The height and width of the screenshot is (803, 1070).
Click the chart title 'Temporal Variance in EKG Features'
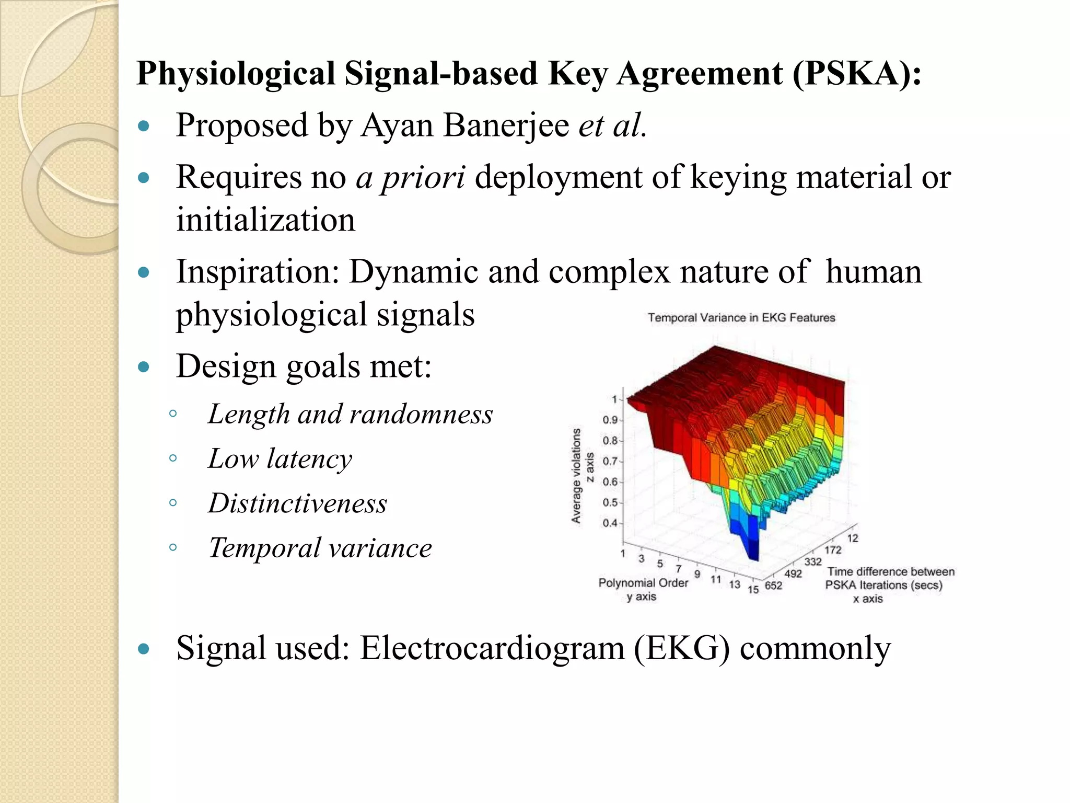tap(741, 317)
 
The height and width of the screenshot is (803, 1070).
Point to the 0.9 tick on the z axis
tap(610, 420)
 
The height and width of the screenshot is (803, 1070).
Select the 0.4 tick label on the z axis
tap(610, 523)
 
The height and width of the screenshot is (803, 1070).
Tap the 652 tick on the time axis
tap(773, 586)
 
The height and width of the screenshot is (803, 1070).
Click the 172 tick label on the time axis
tap(833, 550)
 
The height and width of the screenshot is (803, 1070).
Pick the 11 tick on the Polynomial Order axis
tap(716, 579)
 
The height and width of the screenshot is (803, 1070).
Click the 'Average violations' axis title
tap(576, 476)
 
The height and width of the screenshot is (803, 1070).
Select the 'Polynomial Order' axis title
tap(643, 582)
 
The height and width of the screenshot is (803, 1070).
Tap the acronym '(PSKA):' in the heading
tap(856, 73)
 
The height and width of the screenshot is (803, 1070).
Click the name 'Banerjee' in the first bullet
tap(506, 125)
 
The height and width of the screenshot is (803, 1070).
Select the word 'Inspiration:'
tap(258, 272)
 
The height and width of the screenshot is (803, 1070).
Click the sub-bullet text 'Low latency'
tap(280, 458)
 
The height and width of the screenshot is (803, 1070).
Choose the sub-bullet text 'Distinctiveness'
tap(297, 503)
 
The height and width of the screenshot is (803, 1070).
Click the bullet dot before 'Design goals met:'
tap(143, 366)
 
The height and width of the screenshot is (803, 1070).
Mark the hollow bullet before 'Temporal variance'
tap(173, 547)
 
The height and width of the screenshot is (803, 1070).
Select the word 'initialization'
tap(265, 220)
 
